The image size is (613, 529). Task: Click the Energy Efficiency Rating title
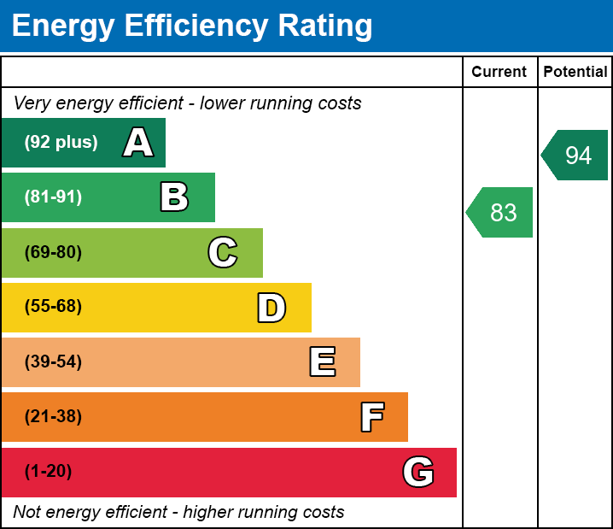192,26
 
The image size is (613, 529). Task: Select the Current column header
499,73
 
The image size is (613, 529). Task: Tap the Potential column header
575,73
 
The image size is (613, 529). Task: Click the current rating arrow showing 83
500,212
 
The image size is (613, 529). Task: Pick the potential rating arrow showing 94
575,156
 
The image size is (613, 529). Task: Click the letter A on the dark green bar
138,143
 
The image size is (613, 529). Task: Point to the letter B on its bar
174,197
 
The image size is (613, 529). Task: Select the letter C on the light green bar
223,252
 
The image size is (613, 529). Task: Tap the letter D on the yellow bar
271,308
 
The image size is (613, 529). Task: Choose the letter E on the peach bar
322,362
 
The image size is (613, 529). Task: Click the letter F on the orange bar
371,417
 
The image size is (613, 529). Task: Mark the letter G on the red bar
418,472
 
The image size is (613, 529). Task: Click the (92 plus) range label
61,143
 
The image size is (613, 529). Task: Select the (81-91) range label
53,197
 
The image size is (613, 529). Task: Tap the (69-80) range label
53,252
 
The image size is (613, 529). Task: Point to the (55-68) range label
53,307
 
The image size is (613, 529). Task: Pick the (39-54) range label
53,362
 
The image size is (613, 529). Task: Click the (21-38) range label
53,417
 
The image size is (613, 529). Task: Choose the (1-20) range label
49,472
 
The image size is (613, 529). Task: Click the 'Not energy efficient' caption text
178,513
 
